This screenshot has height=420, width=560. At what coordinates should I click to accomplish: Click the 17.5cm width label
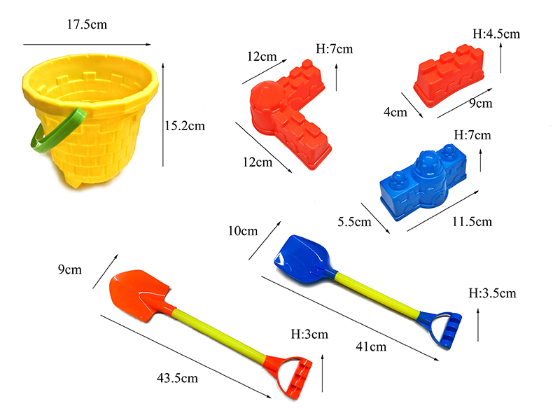click(x=87, y=24)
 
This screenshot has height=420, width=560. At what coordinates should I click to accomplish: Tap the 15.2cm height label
click(x=185, y=126)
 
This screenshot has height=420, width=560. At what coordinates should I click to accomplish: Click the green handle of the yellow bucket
click(x=57, y=131)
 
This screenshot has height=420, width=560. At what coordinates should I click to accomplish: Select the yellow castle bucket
click(x=90, y=120)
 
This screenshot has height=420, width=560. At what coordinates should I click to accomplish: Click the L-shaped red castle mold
click(x=289, y=114)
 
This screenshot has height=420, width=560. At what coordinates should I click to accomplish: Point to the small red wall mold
click(x=449, y=76)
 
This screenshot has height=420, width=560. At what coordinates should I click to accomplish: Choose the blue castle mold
click(x=423, y=182)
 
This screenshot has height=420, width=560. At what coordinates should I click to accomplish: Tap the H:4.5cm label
click(x=496, y=34)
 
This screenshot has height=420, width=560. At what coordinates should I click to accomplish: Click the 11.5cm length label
click(x=472, y=222)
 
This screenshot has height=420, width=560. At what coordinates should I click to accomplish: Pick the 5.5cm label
click(x=354, y=222)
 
